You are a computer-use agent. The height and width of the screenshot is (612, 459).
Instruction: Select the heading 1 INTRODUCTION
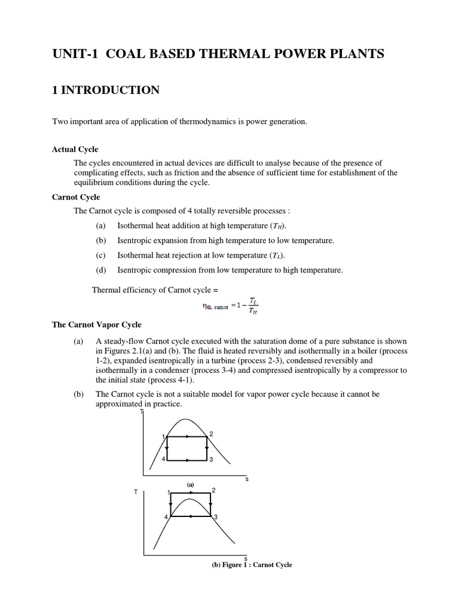coord(106,90)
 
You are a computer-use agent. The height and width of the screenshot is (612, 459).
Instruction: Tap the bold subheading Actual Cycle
coord(75,149)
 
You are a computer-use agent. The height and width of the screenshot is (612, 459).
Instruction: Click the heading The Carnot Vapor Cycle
coord(97,325)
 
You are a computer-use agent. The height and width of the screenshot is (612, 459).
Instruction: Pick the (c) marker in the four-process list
coord(100,255)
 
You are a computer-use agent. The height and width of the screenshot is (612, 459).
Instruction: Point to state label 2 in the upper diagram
coord(211,433)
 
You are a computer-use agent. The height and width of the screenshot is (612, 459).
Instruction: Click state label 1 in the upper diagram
coord(163,437)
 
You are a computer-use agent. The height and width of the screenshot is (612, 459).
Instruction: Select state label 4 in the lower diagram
coord(167,516)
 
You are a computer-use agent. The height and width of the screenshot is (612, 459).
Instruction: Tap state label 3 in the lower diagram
coord(215,516)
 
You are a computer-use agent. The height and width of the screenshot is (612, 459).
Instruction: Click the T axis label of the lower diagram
coord(136,492)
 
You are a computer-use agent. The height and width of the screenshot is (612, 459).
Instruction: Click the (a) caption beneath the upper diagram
coord(191,484)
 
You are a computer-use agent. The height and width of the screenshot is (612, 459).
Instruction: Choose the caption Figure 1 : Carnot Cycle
coord(251,565)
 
